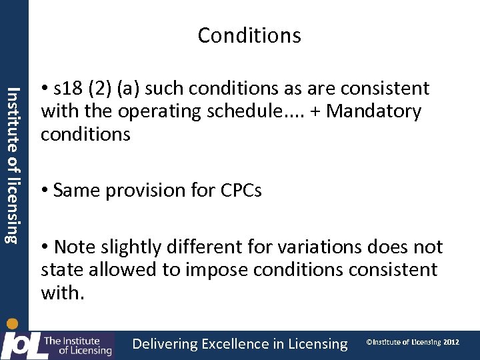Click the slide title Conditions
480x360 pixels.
pos(249,35)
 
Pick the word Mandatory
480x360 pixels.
pos(374,111)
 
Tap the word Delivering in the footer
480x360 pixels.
pos(165,344)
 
